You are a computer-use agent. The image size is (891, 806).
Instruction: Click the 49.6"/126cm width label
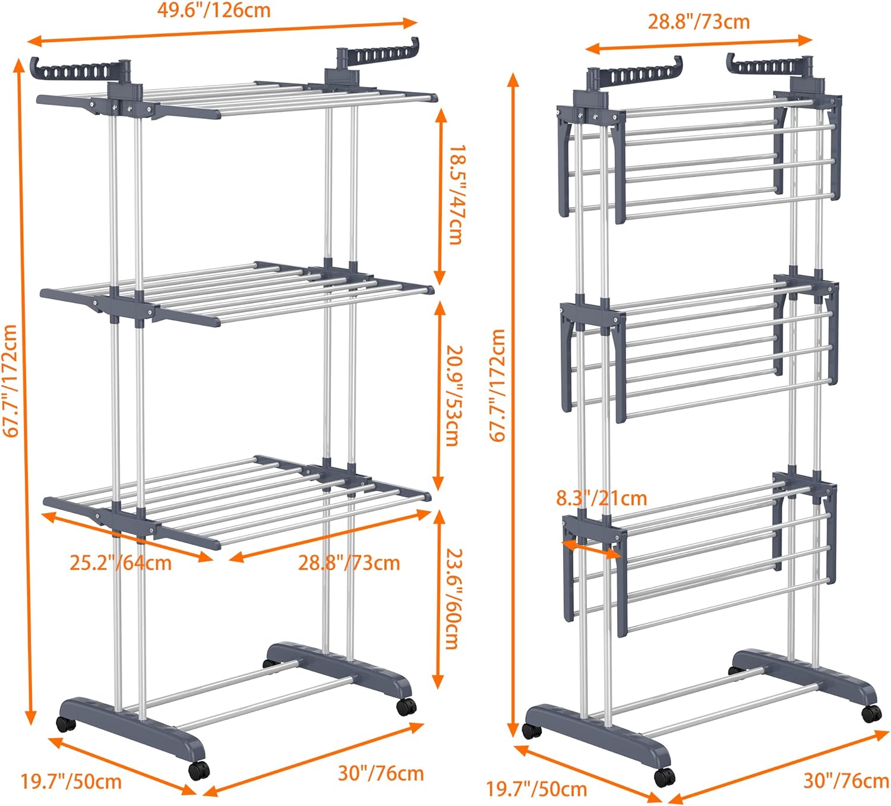[214, 11]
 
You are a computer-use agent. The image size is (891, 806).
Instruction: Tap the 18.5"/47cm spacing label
[455, 195]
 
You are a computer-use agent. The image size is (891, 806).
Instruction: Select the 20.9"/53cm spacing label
[454, 395]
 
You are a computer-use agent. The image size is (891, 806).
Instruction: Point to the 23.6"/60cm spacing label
[454, 598]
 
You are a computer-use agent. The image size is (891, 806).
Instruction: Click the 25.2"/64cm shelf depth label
[121, 562]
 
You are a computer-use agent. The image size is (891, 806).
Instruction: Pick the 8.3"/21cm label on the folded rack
[601, 498]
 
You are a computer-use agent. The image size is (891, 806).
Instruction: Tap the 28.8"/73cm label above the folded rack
[699, 22]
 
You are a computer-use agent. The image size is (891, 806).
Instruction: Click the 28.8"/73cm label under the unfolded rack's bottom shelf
[349, 562]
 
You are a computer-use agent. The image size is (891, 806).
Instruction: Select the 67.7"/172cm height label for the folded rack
[497, 386]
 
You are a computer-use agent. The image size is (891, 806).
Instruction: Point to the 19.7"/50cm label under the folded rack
[536, 789]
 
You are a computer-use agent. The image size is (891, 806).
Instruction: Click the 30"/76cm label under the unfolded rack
[381, 773]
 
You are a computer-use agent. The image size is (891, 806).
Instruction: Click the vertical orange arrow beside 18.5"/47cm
[440, 196]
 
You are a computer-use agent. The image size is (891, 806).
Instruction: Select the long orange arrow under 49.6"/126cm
[223, 32]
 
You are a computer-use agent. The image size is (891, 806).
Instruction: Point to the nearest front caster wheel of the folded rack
[664, 776]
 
